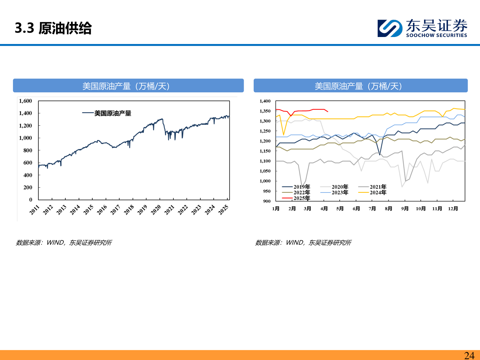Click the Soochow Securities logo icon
point(390,28)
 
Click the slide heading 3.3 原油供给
point(53,28)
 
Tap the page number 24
point(469,355)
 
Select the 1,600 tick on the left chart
point(25,101)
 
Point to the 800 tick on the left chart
point(28,150)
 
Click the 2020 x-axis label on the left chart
point(156,210)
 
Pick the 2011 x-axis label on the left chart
point(35,210)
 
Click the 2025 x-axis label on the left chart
point(223,210)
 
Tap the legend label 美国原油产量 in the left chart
point(113,113)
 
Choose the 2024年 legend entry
point(378,192)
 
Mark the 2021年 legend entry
point(378,187)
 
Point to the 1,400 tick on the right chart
point(265,101)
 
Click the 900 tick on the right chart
point(267,201)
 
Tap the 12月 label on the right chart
point(453,209)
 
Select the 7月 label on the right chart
point(372,209)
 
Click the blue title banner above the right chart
point(360,86)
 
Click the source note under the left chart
point(64,243)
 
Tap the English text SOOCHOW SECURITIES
point(436,35)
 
